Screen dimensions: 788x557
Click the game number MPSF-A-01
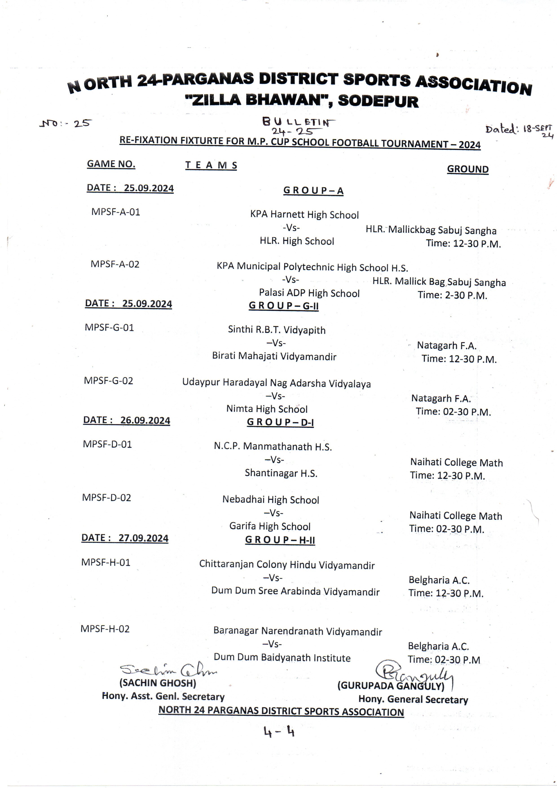pyautogui.click(x=116, y=212)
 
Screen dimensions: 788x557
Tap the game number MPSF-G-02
pyautogui.click(x=108, y=381)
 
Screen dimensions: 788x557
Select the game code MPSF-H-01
pyautogui.click(x=106, y=562)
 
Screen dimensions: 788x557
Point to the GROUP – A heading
pyautogui.click(x=313, y=191)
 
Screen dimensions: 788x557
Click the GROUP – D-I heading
pyautogui.click(x=280, y=422)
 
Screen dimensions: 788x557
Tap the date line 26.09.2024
pyautogui.click(x=127, y=420)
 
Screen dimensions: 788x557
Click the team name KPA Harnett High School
pyautogui.click(x=304, y=215)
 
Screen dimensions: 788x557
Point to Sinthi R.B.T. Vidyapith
pyautogui.click(x=277, y=330)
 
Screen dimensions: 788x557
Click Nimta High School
pyautogui.click(x=267, y=409)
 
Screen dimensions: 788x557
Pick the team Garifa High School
pyautogui.click(x=270, y=526)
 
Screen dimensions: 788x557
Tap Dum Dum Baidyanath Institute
pyautogui.click(x=282, y=658)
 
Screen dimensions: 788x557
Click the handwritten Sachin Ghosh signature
pyautogui.click(x=168, y=669)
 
